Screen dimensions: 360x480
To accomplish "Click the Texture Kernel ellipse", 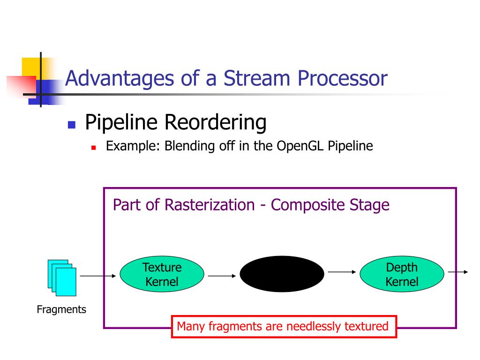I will click(x=162, y=275).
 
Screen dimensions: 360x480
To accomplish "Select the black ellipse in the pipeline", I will click(x=282, y=274).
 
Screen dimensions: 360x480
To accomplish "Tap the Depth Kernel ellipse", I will click(x=402, y=275).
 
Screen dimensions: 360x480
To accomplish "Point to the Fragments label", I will click(x=61, y=309).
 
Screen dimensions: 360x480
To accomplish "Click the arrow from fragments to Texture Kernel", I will click(x=98, y=276).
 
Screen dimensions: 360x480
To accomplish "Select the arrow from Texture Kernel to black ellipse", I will click(x=222, y=276).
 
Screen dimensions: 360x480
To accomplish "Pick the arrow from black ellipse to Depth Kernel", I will click(x=342, y=271).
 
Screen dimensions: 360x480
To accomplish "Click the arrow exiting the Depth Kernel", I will click(x=458, y=272).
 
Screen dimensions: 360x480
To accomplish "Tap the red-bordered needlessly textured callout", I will click(x=283, y=326).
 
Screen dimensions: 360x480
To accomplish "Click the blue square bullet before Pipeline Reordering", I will click(x=72, y=125).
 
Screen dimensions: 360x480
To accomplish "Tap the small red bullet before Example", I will click(x=93, y=147).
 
